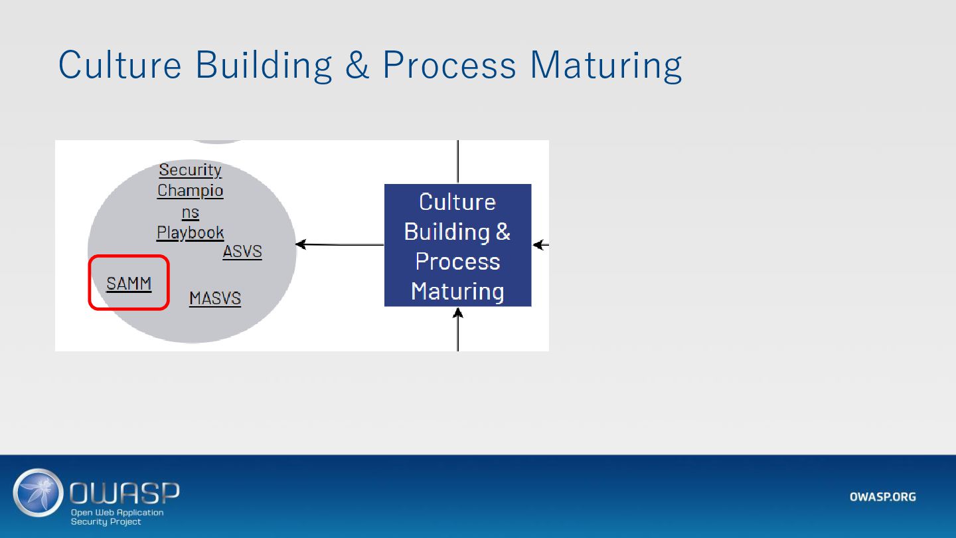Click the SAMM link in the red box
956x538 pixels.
click(129, 284)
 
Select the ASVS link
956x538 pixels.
click(242, 252)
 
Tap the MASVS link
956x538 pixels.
click(215, 298)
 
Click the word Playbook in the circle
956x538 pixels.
click(191, 233)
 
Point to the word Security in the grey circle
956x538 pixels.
click(191, 170)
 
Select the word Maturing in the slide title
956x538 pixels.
click(605, 65)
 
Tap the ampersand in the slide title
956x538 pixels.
click(357, 65)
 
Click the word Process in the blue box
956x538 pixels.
click(457, 262)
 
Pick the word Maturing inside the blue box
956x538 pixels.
click(457, 292)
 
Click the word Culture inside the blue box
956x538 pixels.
click(457, 202)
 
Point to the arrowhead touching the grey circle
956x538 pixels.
click(301, 244)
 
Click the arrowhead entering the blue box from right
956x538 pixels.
click(538, 245)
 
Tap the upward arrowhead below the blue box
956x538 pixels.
click(458, 312)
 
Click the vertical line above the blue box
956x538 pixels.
click(458, 161)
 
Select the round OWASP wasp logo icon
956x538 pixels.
click(38, 493)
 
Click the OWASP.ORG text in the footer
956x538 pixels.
click(882, 497)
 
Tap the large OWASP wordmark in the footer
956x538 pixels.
click(125, 493)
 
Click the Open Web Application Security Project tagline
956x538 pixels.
click(117, 517)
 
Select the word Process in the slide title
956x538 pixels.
click(449, 65)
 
